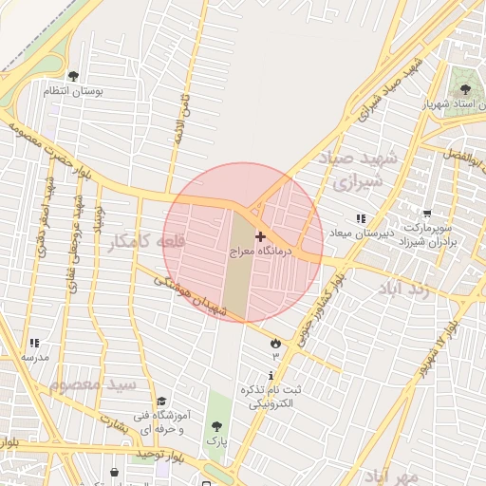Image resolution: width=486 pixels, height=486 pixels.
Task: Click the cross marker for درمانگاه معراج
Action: tap(260, 235)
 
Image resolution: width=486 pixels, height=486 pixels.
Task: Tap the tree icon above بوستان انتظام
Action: tap(74, 76)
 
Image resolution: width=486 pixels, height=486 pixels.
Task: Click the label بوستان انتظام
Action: tap(73, 91)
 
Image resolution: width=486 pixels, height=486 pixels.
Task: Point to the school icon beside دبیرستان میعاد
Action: tap(361, 219)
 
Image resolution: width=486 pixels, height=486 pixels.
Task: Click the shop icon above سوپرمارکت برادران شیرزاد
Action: tap(427, 215)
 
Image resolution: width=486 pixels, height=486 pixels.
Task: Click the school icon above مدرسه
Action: tap(34, 343)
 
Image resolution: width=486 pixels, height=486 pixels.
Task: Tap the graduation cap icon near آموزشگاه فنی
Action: tap(161, 402)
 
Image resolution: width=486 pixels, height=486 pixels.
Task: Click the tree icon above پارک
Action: tap(217, 427)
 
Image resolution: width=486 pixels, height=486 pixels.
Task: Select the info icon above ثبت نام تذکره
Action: tap(271, 376)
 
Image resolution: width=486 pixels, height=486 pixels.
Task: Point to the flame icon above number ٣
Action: tap(275, 343)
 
